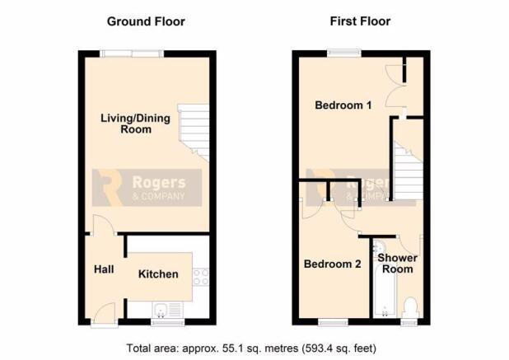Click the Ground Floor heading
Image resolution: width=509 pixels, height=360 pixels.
146,21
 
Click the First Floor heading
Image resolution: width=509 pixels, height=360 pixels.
360,21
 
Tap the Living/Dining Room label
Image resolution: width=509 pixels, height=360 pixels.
135,124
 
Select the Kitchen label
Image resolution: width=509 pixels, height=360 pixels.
158,274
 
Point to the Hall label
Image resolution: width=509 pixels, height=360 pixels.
104,269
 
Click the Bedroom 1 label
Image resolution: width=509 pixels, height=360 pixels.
343,105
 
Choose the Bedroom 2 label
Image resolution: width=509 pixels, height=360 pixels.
333,264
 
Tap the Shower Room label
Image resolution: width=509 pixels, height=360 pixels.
397,264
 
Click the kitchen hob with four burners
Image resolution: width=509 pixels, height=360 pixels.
201,277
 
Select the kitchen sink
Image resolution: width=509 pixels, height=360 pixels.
168,310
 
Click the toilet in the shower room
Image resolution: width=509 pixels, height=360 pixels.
409,307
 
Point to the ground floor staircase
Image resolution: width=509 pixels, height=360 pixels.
194,133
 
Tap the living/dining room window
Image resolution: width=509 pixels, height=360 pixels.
132,54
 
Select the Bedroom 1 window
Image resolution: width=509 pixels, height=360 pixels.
344,53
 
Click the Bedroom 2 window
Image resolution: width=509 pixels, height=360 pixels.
333,322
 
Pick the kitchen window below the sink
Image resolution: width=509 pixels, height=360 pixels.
168,322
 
